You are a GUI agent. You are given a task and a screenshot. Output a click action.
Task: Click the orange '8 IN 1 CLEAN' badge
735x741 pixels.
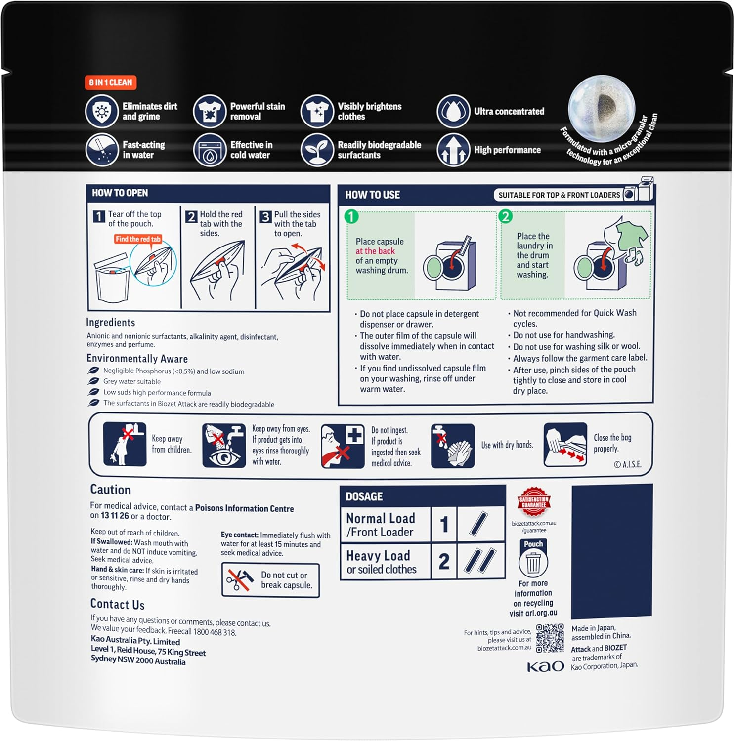point(110,82)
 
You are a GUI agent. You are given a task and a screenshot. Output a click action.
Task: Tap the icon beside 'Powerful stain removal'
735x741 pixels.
point(210,111)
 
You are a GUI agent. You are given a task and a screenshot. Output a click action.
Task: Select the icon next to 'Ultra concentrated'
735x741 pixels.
point(453,111)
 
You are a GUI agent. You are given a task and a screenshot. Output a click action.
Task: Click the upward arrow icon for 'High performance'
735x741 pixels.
point(453,150)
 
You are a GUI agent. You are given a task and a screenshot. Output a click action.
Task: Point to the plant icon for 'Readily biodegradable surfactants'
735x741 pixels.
point(317,150)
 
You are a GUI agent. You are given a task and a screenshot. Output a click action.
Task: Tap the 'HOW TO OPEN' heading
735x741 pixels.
point(120,193)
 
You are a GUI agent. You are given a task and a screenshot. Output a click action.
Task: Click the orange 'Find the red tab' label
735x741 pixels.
point(138,239)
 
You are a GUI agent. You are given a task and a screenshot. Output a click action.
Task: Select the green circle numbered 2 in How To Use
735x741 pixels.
point(505,216)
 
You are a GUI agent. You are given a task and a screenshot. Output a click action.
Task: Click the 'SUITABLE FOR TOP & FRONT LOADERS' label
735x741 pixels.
point(559,195)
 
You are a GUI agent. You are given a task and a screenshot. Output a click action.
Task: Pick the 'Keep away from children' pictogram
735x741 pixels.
point(125,444)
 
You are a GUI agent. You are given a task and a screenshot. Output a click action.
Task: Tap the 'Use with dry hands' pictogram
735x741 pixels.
point(453,446)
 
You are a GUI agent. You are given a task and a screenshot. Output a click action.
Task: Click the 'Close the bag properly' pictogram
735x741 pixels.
point(565,445)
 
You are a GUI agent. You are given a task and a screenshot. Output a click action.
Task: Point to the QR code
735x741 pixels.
point(550,638)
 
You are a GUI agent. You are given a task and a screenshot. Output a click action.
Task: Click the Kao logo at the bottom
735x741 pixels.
point(545,666)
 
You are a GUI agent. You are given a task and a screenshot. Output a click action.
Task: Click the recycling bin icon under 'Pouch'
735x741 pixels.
point(533,562)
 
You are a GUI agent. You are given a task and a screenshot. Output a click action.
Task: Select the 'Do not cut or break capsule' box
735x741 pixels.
point(270,580)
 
